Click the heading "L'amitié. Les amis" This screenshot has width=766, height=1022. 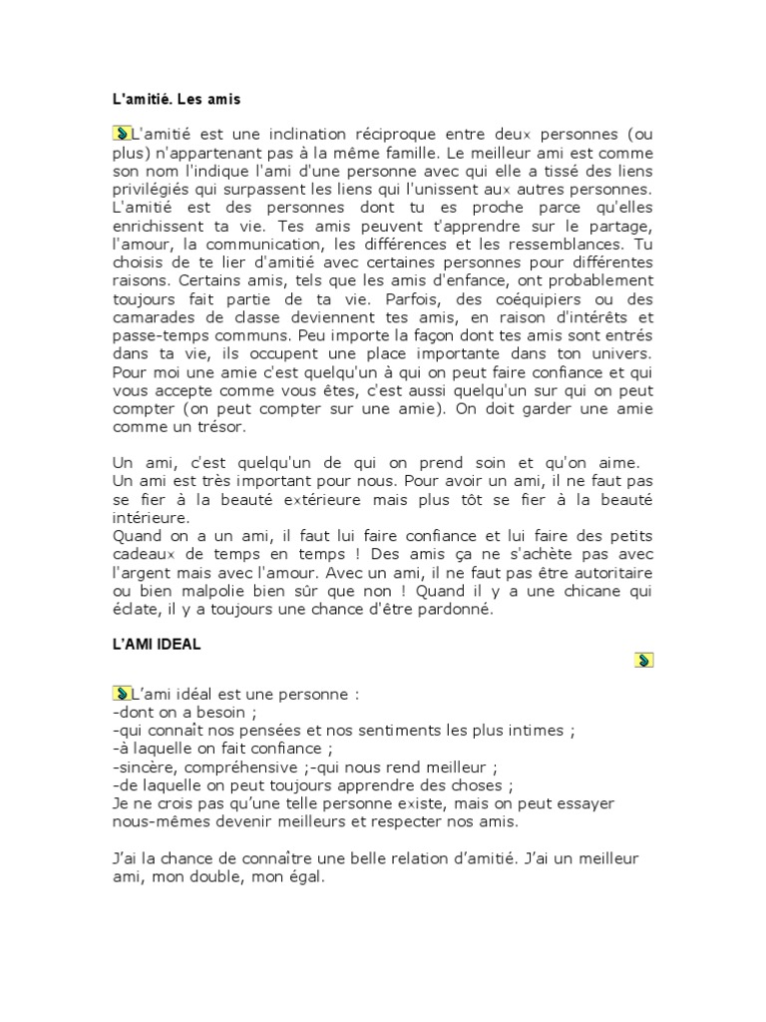[177, 100]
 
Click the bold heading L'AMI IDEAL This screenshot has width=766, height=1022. [157, 645]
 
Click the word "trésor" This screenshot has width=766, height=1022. [216, 427]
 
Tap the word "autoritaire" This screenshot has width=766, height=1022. [607, 573]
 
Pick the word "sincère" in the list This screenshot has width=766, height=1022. [146, 766]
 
